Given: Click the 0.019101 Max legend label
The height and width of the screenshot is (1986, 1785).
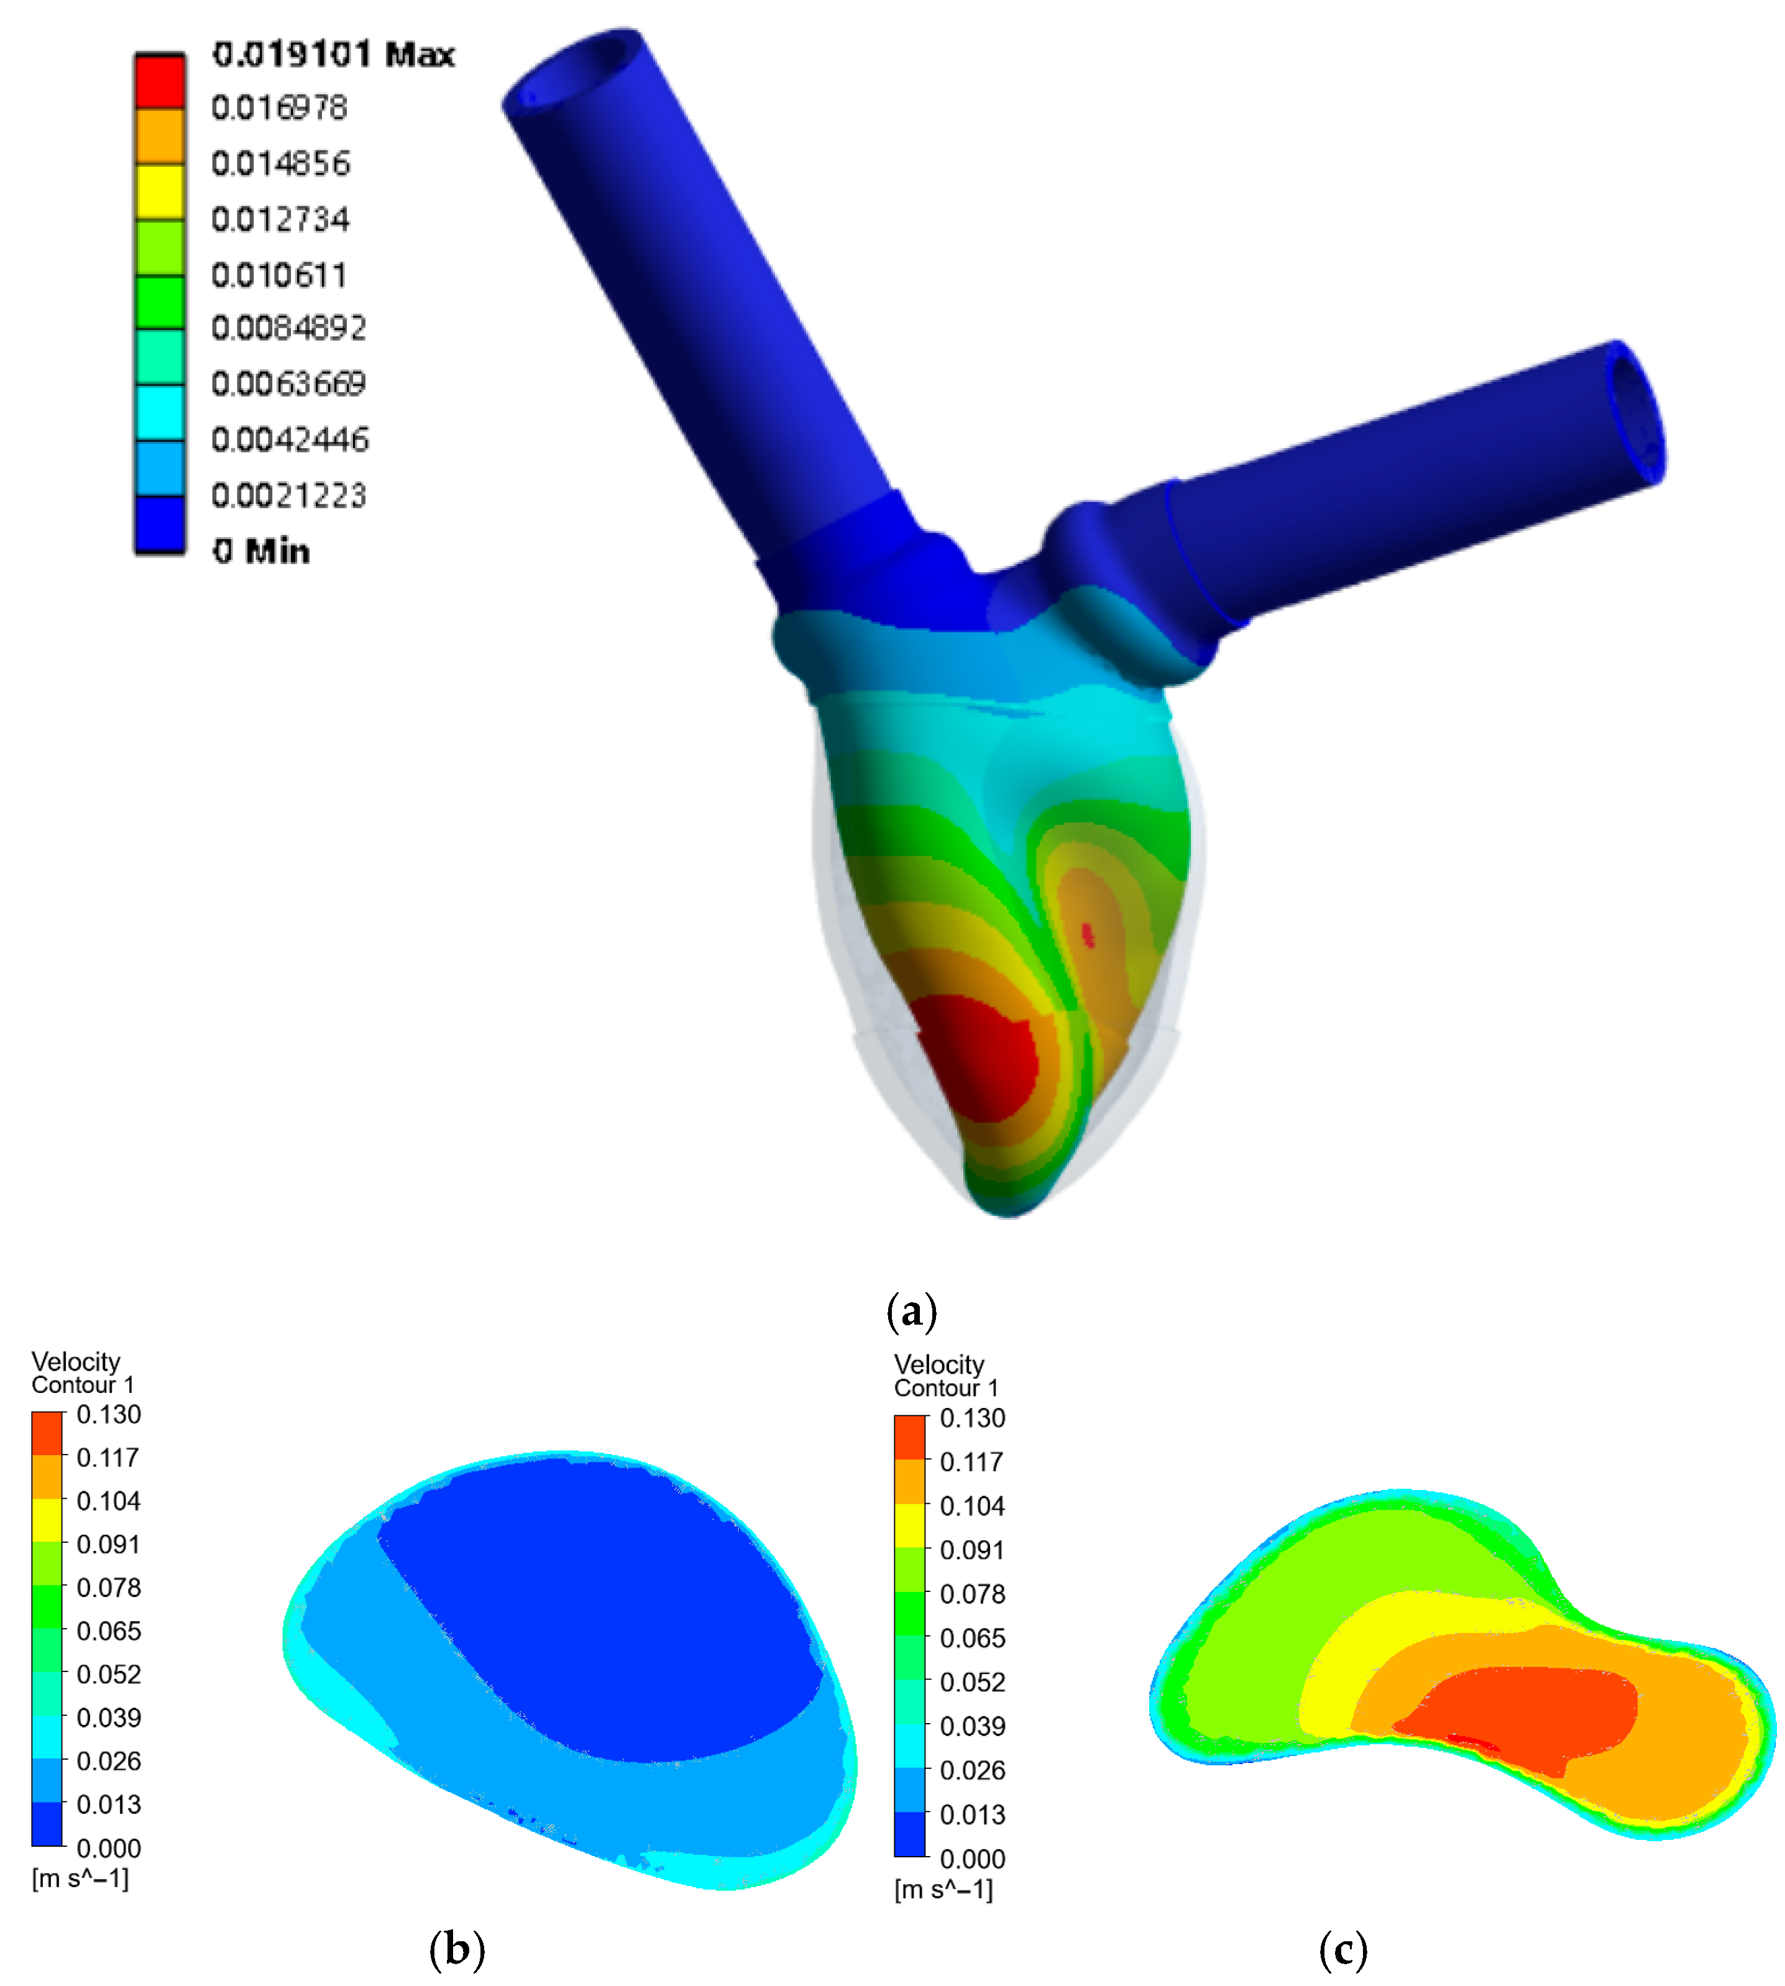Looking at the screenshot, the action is pyautogui.click(x=334, y=54).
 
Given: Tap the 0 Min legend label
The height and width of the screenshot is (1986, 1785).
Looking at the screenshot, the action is pyautogui.click(x=261, y=551).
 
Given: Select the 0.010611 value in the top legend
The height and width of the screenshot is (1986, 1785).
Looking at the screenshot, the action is pyautogui.click(x=280, y=275).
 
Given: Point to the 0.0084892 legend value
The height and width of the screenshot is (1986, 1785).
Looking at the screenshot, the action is pyautogui.click(x=290, y=328).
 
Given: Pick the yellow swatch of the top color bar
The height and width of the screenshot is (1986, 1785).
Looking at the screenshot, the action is pyautogui.click(x=160, y=192).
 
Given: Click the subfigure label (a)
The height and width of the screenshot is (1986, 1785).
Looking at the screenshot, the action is pyautogui.click(x=912, y=1311).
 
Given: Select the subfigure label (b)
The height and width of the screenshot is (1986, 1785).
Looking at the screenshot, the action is pyautogui.click(x=457, y=1947).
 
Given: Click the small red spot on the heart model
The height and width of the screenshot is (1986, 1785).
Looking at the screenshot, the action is pyautogui.click(x=1088, y=935).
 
